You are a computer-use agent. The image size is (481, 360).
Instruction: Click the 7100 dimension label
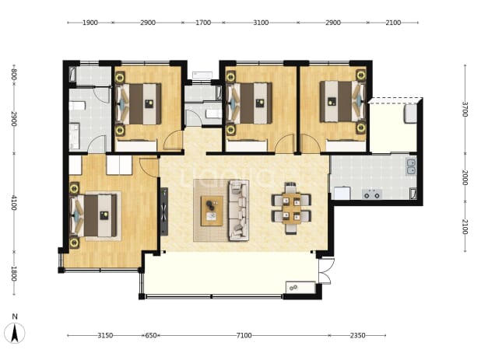pos(244,335)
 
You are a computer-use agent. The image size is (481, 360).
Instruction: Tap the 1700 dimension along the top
pos(203,23)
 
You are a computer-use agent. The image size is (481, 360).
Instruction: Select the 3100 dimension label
pos(261,23)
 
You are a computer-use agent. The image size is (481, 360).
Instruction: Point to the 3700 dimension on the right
pos(465,110)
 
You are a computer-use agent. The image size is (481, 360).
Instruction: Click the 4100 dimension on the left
pos(14,203)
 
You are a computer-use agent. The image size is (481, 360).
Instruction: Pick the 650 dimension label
pos(151,335)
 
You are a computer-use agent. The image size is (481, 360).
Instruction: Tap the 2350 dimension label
pos(357,335)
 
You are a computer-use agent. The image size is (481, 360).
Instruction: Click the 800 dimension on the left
pos(14,75)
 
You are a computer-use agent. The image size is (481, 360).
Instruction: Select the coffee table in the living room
pos(212,211)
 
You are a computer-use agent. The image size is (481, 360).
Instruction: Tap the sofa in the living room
pos(238,210)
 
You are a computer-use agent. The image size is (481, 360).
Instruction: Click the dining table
pos(291,208)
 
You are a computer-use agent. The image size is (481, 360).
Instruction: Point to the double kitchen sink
pos(412,167)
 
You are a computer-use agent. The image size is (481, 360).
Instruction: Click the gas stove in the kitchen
pos(372,194)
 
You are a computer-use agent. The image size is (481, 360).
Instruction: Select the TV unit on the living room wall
pos(164,211)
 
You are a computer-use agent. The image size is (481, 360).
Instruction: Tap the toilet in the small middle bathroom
pos(213,114)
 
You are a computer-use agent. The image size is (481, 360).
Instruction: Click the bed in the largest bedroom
pos(93,216)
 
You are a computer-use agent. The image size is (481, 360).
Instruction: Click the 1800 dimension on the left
pos(14,273)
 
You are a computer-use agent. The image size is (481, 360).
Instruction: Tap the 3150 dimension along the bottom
pos(105,335)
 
